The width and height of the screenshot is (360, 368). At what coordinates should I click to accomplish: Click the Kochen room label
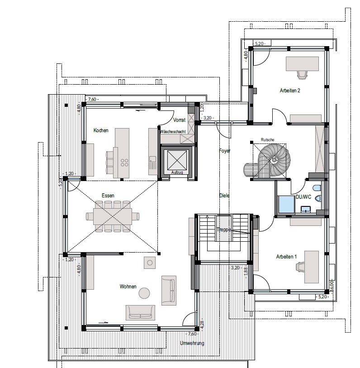(101, 130)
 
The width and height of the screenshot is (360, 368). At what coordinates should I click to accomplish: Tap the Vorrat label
(179, 119)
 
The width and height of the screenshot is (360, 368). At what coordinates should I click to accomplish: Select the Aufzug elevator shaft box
(177, 162)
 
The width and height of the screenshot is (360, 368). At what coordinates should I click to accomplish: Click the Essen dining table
(112, 216)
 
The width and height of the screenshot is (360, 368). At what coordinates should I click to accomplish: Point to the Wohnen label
(128, 287)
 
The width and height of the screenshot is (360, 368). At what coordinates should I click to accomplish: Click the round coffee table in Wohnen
(144, 293)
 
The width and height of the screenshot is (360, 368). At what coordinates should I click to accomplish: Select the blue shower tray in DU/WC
(286, 204)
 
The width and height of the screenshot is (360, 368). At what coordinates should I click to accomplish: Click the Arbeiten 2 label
(290, 91)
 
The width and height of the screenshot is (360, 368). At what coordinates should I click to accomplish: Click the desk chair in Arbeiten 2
(302, 75)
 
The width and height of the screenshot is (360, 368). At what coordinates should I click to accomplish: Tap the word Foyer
(225, 151)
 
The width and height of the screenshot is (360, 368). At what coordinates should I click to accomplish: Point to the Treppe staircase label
(224, 229)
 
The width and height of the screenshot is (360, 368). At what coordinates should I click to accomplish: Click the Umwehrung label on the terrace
(192, 343)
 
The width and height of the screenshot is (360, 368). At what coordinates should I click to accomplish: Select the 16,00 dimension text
(332, 287)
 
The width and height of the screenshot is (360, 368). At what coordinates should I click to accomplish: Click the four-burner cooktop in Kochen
(124, 162)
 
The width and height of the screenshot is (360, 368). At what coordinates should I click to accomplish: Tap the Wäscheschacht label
(173, 132)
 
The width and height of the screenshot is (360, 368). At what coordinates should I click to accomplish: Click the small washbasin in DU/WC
(306, 209)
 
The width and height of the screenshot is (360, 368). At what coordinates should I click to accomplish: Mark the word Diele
(224, 195)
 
